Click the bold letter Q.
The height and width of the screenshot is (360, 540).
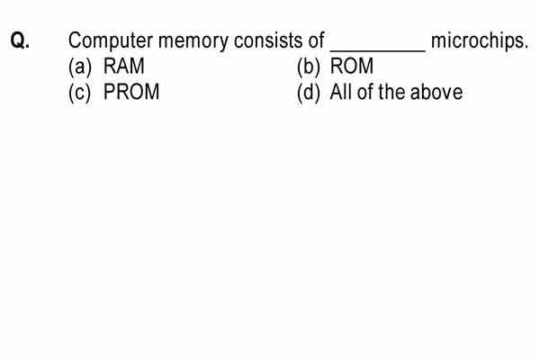[x=18, y=40]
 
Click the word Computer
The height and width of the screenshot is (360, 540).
[x=110, y=41]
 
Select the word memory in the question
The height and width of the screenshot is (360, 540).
[x=193, y=42]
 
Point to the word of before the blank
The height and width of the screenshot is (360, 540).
[x=316, y=40]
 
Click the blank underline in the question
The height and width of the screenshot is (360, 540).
[x=378, y=51]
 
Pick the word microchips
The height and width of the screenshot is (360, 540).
[x=477, y=41]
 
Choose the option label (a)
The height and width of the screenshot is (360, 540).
[x=80, y=67]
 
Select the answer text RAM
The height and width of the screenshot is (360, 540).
[x=124, y=66]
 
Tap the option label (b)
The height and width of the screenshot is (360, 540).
[x=308, y=67]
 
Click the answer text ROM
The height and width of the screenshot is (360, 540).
[x=352, y=66]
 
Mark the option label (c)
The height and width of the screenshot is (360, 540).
[x=79, y=93]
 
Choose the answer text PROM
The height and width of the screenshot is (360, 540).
[x=131, y=92]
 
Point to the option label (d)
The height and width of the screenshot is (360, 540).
[x=308, y=93]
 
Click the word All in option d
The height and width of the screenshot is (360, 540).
[x=341, y=92]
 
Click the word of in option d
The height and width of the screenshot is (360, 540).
[x=365, y=92]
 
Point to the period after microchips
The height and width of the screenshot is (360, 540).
[x=526, y=47]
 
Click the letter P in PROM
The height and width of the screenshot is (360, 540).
[x=110, y=92]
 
